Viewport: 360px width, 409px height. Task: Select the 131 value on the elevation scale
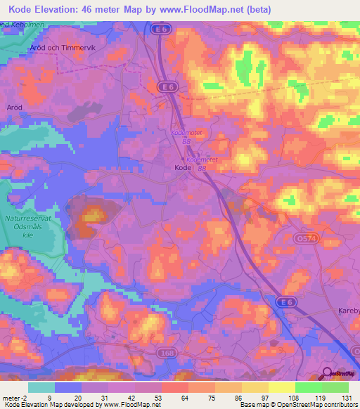pos(350,398)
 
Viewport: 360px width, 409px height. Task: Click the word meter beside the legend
pos(11,398)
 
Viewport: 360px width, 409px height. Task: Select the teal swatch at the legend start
pos(41,387)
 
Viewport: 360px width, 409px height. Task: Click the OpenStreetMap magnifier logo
pos(327,372)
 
